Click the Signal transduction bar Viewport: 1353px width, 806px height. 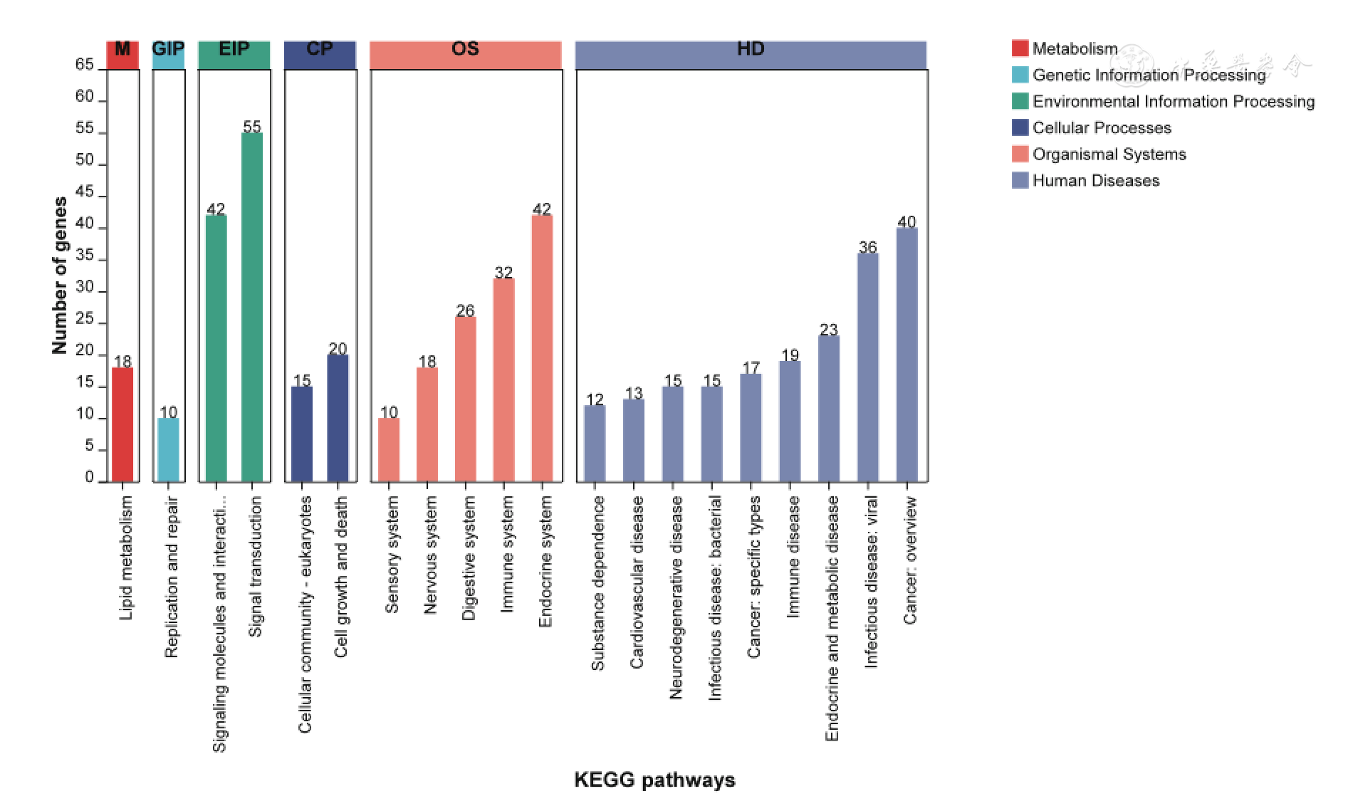click(252, 306)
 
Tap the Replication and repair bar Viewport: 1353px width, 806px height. click(168, 449)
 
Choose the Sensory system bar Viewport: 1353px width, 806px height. click(389, 449)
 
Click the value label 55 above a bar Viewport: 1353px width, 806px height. click(252, 127)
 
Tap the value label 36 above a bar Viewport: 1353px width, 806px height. click(867, 247)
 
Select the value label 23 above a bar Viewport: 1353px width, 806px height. click(828, 330)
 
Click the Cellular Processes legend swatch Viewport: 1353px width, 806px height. click(1020, 127)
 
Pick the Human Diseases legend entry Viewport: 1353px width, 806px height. click(1095, 181)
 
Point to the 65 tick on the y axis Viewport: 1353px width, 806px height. click(85, 65)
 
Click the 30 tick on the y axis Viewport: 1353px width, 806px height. click(85, 287)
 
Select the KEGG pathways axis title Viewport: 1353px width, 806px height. click(654, 780)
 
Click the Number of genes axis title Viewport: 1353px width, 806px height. click(60, 275)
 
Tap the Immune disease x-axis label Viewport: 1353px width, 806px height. click(792, 557)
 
